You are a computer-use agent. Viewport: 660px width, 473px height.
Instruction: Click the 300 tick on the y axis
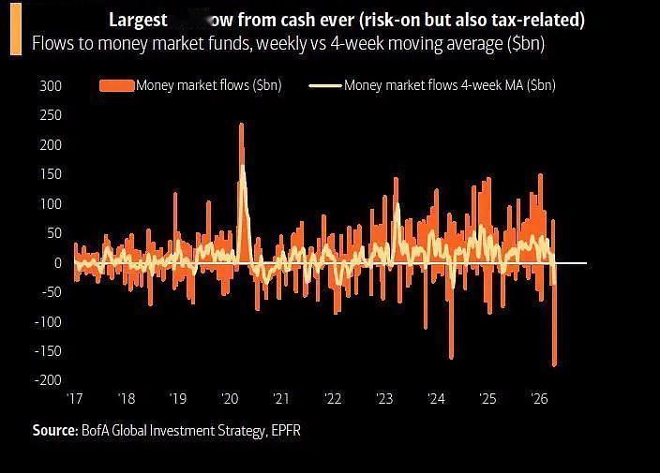click(x=51, y=86)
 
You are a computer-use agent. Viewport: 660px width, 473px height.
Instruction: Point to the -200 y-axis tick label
click(x=47, y=380)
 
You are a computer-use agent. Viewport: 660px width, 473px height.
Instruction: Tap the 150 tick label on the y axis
click(x=51, y=174)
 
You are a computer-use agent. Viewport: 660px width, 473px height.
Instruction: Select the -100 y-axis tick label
click(x=47, y=321)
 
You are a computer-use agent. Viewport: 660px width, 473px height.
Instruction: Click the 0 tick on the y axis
click(x=57, y=262)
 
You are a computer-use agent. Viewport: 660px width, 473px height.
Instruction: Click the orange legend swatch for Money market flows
click(x=116, y=86)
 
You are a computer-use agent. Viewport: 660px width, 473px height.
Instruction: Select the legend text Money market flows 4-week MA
click(x=449, y=86)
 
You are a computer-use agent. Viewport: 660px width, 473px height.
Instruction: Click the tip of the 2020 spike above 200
click(x=241, y=125)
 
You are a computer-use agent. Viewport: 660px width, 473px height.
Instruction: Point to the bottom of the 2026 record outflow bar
click(x=554, y=364)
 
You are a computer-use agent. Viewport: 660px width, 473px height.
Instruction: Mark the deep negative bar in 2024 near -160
click(x=451, y=357)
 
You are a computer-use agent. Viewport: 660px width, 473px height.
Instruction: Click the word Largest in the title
click(x=138, y=20)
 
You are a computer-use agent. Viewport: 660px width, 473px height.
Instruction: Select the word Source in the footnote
click(x=53, y=430)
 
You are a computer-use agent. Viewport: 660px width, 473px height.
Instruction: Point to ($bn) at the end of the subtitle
click(x=526, y=44)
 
